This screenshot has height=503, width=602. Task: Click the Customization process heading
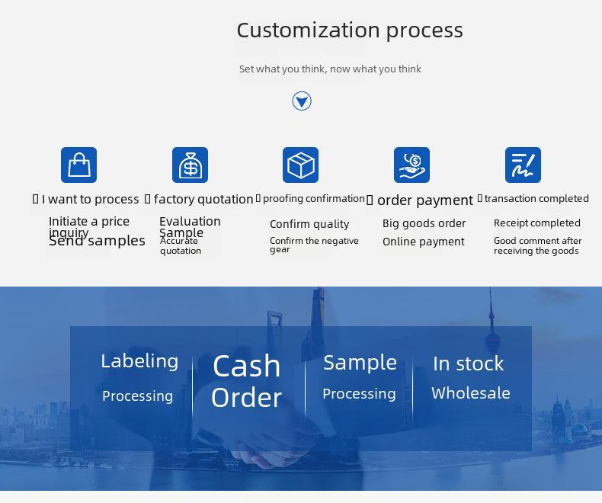pyautogui.click(x=350, y=30)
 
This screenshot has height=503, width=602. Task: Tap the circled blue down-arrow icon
pyautogui.click(x=302, y=101)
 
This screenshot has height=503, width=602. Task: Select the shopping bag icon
pyautogui.click(x=78, y=165)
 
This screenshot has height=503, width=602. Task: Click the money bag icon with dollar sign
pyautogui.click(x=190, y=165)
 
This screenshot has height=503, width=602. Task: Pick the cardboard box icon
pyautogui.click(x=300, y=165)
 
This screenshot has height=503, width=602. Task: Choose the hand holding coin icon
pyautogui.click(x=411, y=165)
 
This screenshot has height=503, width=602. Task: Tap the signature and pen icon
pyautogui.click(x=523, y=165)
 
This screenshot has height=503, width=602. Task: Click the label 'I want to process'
pyautogui.click(x=90, y=199)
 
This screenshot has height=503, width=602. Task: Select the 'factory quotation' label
pyautogui.click(x=203, y=199)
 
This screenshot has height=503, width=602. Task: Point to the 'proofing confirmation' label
pyautogui.click(x=314, y=199)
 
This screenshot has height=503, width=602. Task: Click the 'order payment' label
pyautogui.click(x=425, y=200)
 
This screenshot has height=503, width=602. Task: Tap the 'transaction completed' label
pyautogui.click(x=536, y=198)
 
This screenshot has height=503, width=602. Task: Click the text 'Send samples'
pyautogui.click(x=97, y=241)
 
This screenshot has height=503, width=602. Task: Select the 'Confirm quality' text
pyautogui.click(x=309, y=224)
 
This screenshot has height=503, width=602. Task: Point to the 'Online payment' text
pyautogui.click(x=424, y=242)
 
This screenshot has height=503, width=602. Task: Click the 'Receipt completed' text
pyautogui.click(x=536, y=223)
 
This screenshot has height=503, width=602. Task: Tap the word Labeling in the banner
pyautogui.click(x=139, y=361)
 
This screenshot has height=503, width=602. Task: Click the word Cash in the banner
pyautogui.click(x=246, y=366)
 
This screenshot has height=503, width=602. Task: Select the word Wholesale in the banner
pyautogui.click(x=471, y=393)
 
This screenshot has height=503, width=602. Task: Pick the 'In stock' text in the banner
pyautogui.click(x=469, y=364)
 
